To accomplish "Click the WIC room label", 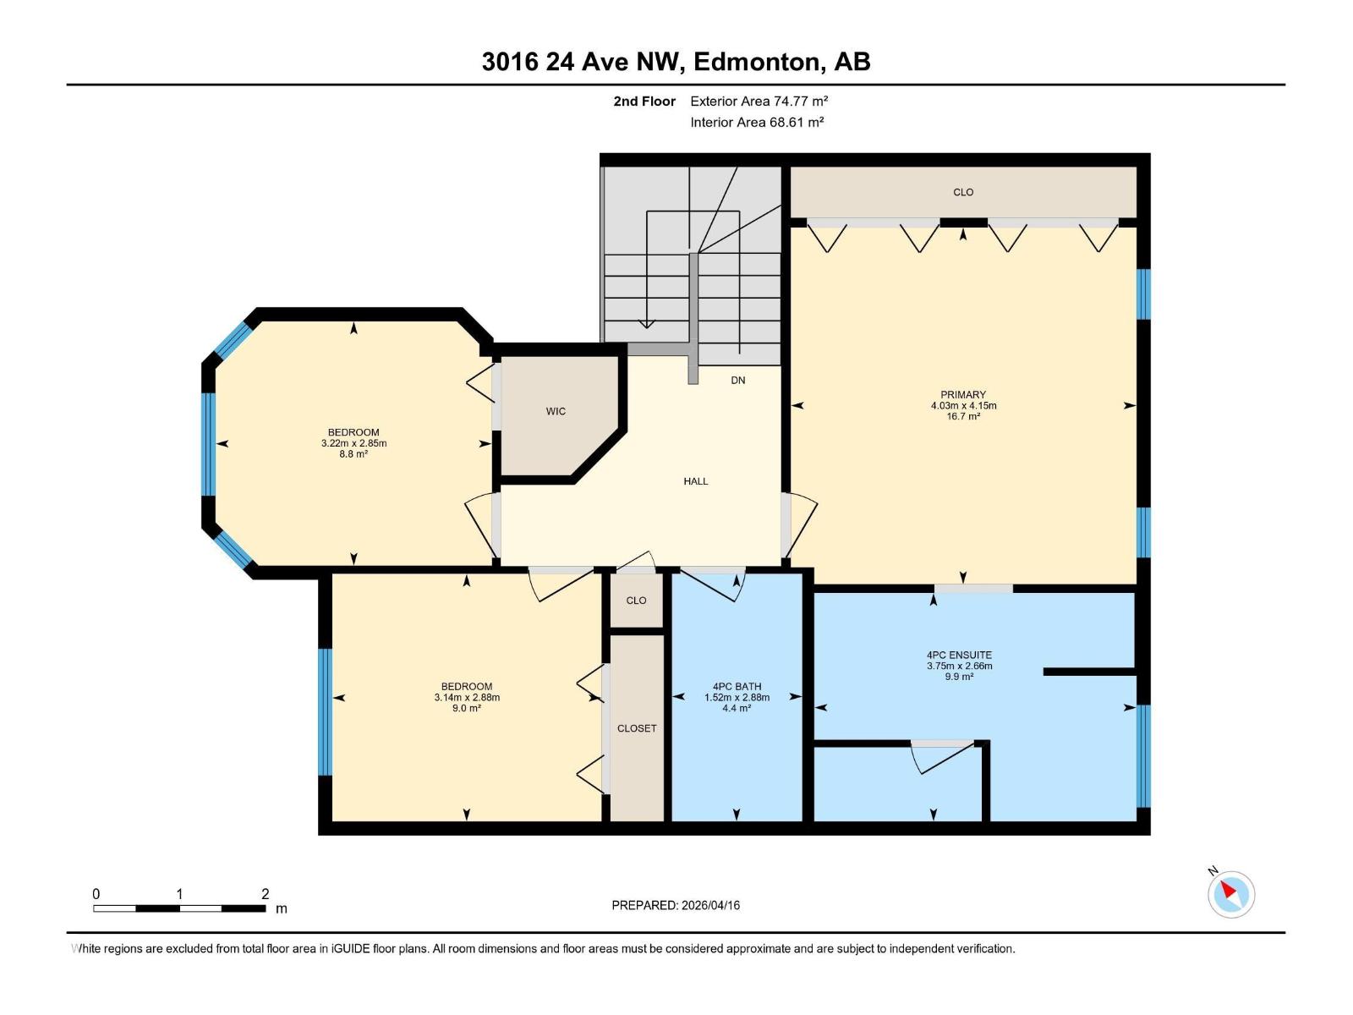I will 556,412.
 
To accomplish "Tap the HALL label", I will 695,481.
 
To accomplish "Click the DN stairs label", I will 738,381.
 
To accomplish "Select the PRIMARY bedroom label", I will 963,395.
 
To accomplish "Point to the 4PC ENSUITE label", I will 959,656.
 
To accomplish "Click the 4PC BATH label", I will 737,687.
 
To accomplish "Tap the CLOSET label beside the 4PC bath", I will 637,728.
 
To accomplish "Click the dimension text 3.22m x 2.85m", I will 353,443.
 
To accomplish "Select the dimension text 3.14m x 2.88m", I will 467,698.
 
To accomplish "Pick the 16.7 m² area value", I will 963,417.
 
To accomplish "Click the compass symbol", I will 1230,894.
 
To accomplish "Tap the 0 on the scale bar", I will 96,894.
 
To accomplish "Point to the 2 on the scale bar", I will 265,894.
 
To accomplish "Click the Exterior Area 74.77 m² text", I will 759,101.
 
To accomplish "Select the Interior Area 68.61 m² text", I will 757,123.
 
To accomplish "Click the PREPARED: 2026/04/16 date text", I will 676,905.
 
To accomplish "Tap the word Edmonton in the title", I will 758,62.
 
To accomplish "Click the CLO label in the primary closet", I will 963,193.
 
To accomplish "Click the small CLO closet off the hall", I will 636,601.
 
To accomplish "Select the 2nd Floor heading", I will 644,101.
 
